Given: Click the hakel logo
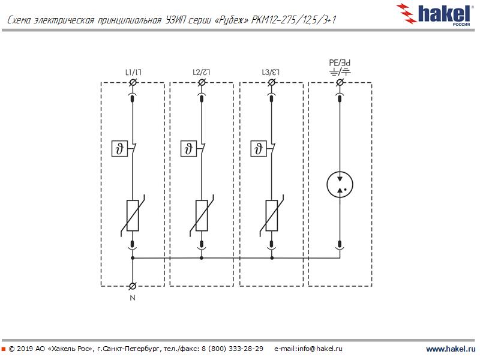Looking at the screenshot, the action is [433, 14].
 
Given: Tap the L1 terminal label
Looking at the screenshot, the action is [133, 72].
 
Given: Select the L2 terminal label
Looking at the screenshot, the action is [202, 72].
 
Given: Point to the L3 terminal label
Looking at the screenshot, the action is [271, 72].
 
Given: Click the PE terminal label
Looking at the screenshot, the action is [340, 63].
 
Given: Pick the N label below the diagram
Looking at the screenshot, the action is [133, 298].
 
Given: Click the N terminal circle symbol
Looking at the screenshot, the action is [133, 286].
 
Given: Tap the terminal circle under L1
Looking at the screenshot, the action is [133, 82].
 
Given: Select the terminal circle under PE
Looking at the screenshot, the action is [340, 82].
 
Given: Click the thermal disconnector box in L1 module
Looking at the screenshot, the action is [119, 149].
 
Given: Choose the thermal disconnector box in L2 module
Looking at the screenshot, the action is [188, 149].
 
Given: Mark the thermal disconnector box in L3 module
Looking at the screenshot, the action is [259, 149].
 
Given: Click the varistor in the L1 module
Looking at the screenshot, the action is [133, 215].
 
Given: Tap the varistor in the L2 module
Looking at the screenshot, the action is [202, 215].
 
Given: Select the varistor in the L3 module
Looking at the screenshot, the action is [272, 215].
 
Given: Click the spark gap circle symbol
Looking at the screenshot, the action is [340, 185].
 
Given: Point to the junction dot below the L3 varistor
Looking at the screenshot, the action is [272, 258].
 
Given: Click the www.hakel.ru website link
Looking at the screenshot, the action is [451, 349].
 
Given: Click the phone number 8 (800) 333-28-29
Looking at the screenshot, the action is [232, 349].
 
